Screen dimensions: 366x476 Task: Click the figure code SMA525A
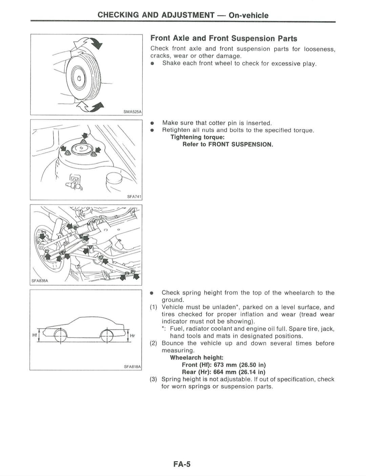(x=133, y=112)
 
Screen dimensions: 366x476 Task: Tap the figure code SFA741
(x=134, y=197)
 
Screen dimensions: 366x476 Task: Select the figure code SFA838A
(x=40, y=281)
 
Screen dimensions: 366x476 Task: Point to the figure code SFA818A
(x=132, y=366)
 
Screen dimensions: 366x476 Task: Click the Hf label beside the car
(x=35, y=335)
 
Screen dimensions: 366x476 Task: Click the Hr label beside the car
(x=133, y=335)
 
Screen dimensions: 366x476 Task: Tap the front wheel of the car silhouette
(x=60, y=336)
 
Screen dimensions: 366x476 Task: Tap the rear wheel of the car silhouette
(x=107, y=336)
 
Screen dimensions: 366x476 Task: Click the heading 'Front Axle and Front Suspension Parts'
(x=224, y=38)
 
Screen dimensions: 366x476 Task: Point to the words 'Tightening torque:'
(x=198, y=137)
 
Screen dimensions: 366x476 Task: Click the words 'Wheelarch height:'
(x=197, y=357)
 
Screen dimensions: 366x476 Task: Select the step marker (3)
(x=154, y=379)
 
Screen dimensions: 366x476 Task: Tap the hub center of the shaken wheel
(x=79, y=78)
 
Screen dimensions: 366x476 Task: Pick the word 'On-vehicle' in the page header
(x=248, y=15)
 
